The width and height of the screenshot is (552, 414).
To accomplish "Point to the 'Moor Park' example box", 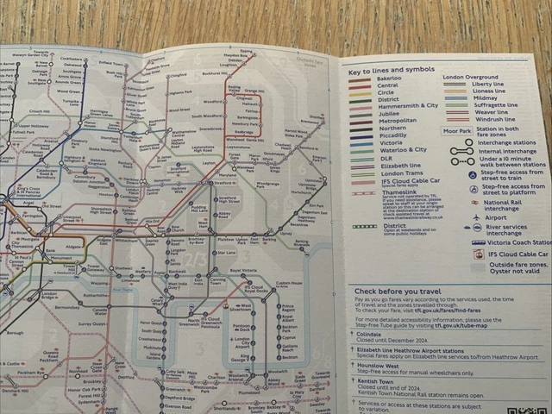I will tap(456, 131).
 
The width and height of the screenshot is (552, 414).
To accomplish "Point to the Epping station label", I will tap(247, 51).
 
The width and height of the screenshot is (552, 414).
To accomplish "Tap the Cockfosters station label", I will tap(72, 59).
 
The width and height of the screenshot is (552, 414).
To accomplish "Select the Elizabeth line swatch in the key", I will tap(360, 166).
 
